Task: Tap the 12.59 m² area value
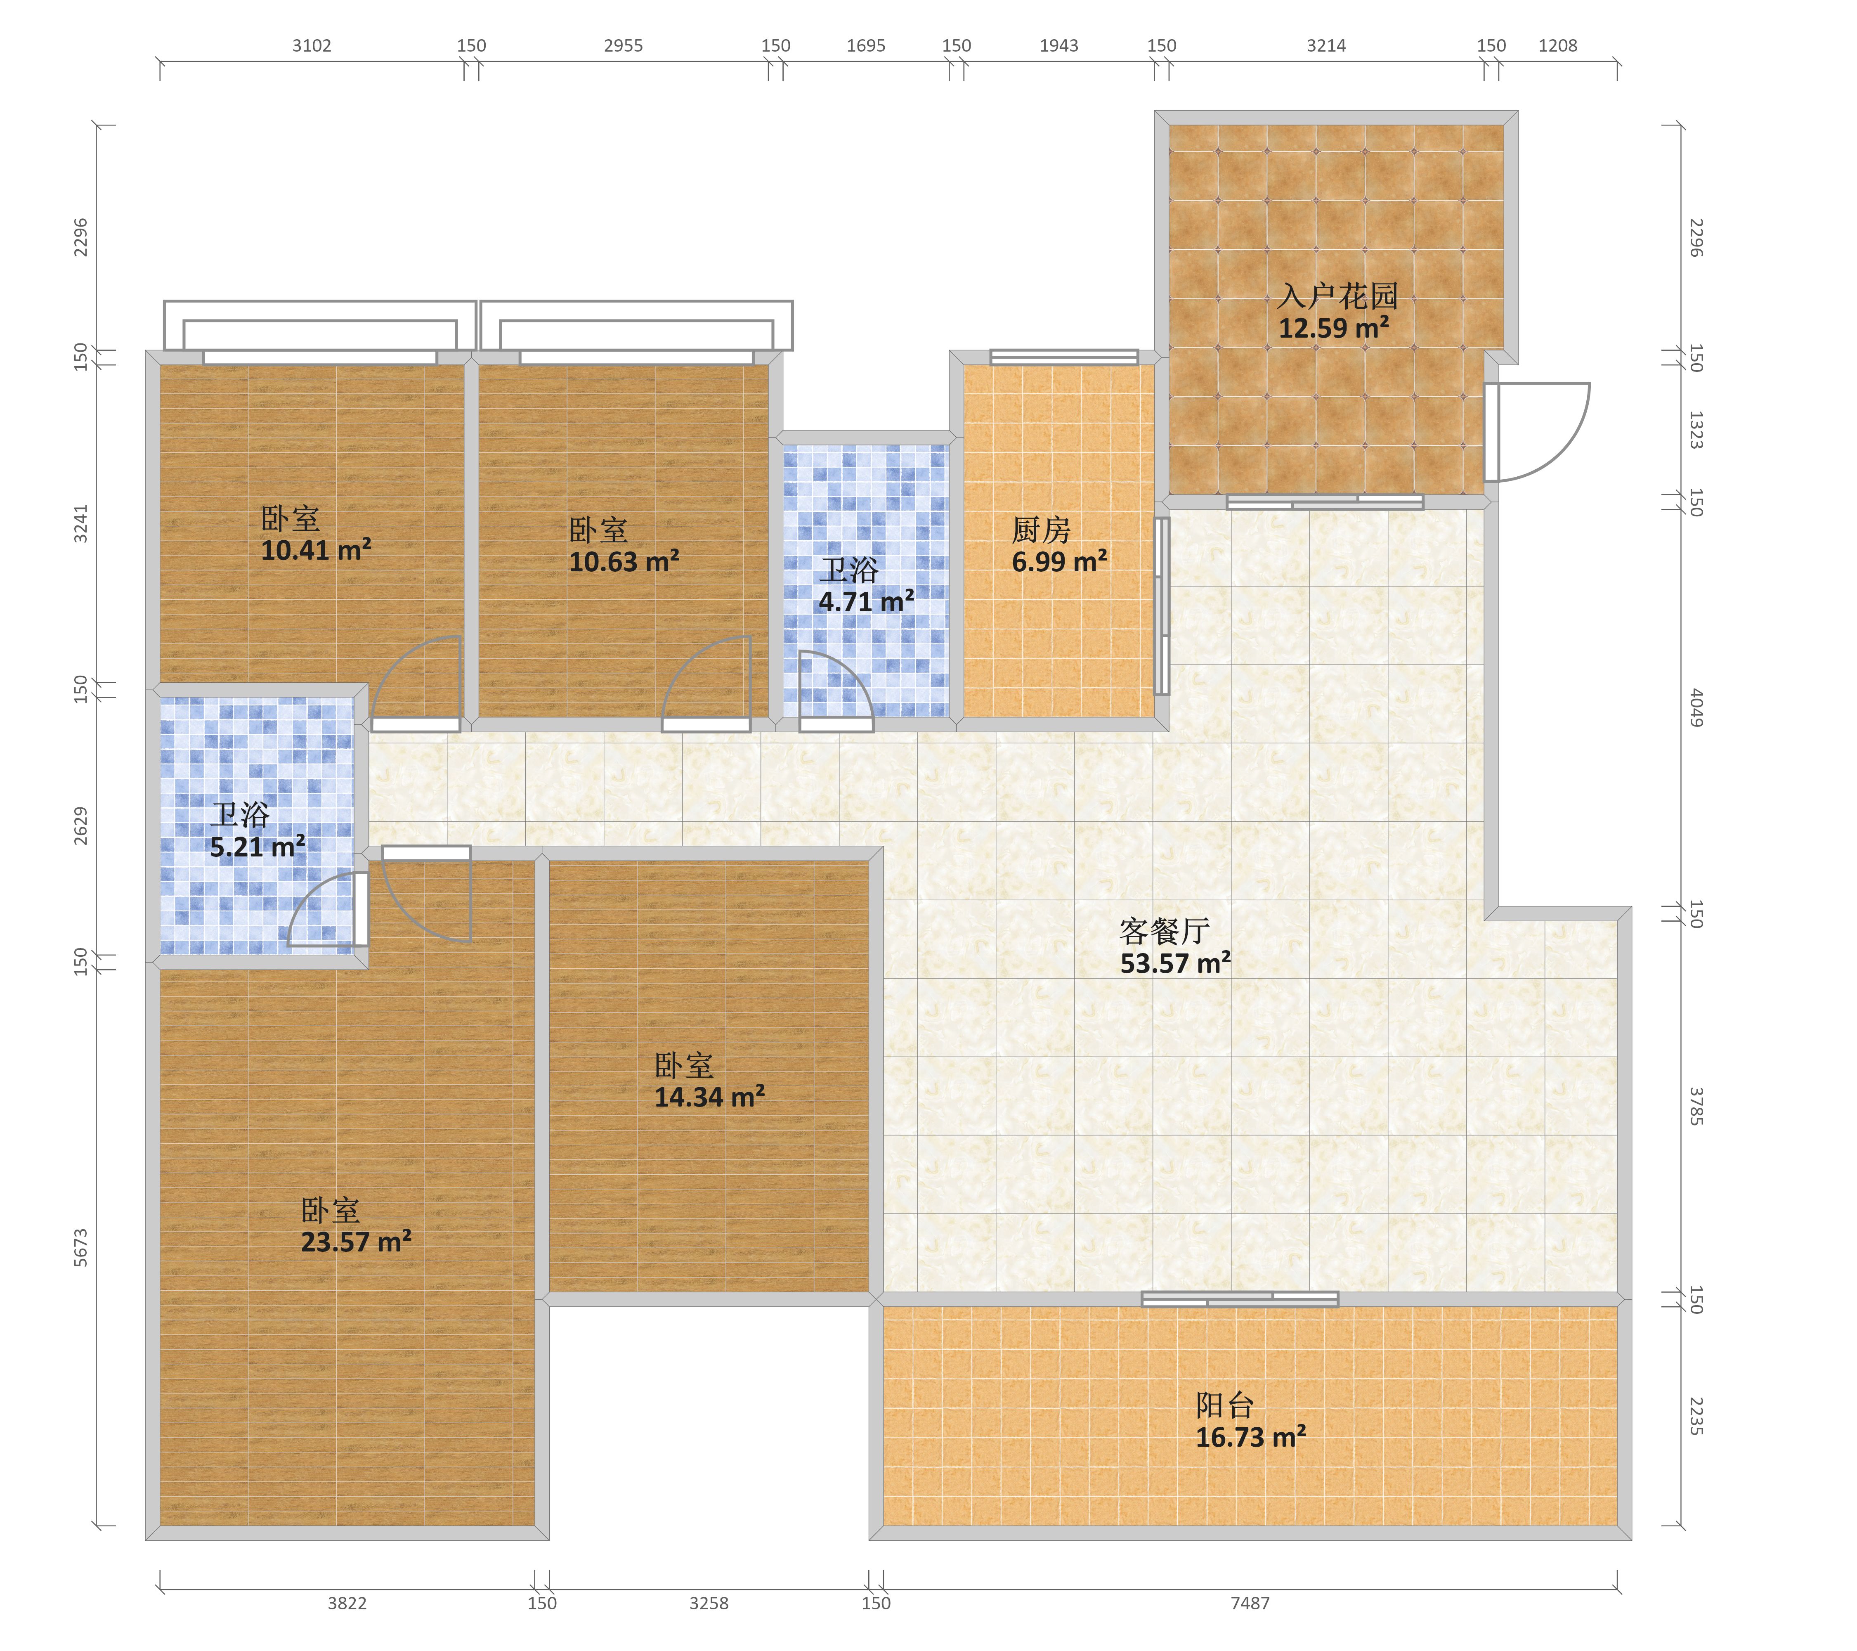pyautogui.click(x=1334, y=328)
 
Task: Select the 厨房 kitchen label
pyautogui.click(x=1041, y=530)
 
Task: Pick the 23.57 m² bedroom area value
pyautogui.click(x=356, y=1242)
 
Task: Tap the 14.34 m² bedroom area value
pyautogui.click(x=709, y=1098)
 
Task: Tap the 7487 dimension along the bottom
pyautogui.click(x=1250, y=1603)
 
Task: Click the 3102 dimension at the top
pyautogui.click(x=312, y=45)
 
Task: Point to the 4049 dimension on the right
pyautogui.click(x=1695, y=708)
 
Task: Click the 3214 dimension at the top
pyautogui.click(x=1326, y=45)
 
